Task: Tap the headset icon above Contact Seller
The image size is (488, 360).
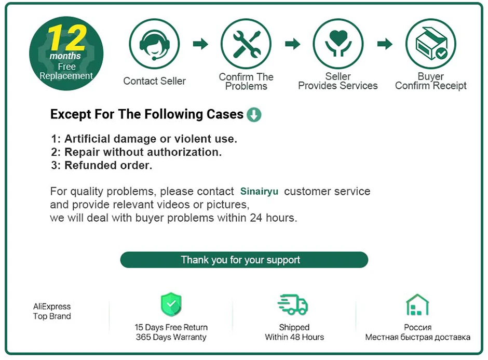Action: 154,44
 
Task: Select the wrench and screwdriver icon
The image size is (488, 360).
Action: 246,44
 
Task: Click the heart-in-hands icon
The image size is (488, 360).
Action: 338,44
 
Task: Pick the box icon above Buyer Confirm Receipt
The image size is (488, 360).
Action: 430,44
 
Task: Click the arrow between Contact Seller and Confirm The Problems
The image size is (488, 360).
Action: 200,44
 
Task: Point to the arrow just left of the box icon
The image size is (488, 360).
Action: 385,44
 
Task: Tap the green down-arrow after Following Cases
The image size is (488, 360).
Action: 254,114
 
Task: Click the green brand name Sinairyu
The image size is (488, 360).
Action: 259,191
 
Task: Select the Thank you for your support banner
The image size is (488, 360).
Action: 244,260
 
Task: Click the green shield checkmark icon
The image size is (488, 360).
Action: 171,304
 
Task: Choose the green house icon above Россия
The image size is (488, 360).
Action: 417,304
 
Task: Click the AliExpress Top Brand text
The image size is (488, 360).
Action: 52,311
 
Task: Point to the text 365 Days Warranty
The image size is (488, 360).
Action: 171,337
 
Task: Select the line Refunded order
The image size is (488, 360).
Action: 101,165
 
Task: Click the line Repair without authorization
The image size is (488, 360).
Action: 136,152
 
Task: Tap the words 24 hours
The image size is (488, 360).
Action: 273,218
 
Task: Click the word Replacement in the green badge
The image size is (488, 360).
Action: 66,76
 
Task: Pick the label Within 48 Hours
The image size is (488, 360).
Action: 294,337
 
